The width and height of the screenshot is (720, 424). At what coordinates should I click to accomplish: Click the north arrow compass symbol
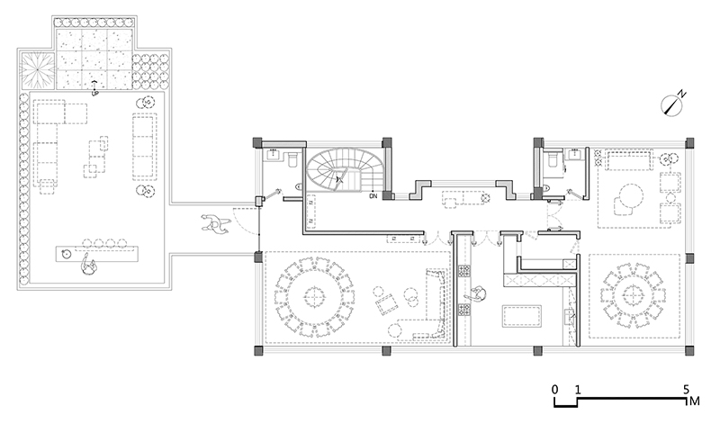click(671, 105)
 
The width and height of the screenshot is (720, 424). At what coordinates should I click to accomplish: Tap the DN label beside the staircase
click(373, 196)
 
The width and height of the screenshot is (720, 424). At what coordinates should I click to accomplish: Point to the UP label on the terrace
click(95, 94)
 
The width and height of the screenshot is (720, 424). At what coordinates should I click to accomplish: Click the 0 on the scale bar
click(554, 390)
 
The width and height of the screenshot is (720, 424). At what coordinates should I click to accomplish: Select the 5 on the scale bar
click(686, 390)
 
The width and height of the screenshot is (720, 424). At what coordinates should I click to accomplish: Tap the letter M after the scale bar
click(695, 401)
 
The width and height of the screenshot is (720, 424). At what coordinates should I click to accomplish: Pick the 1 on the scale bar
click(578, 390)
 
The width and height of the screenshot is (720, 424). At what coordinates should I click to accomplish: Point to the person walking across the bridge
click(213, 223)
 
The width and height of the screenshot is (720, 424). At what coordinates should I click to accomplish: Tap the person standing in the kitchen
click(478, 293)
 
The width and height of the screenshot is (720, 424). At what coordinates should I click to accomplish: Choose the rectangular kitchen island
click(522, 316)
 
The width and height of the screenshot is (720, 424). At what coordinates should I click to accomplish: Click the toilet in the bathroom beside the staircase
click(293, 160)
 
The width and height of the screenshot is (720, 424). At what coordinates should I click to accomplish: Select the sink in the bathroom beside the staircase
click(274, 154)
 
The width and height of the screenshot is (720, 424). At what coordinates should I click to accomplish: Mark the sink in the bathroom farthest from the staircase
click(574, 154)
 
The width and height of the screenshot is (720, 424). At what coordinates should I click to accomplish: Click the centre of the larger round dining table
click(314, 297)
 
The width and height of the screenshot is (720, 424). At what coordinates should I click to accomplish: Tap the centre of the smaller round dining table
click(634, 296)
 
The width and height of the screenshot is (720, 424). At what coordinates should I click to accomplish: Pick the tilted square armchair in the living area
click(387, 304)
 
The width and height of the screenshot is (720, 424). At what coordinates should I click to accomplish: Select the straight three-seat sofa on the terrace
click(144, 146)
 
